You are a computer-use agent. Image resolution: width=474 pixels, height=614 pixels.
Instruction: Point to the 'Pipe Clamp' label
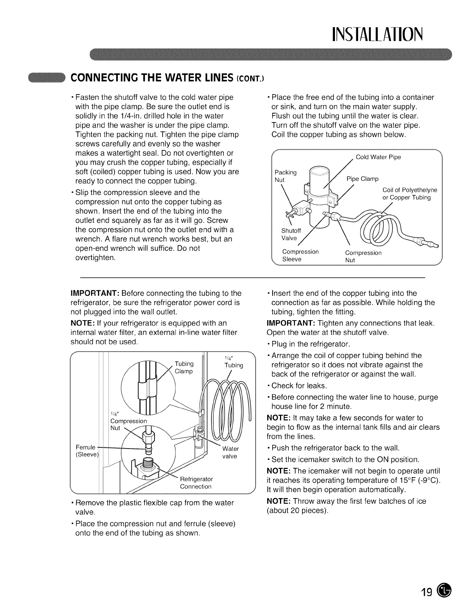(362, 179)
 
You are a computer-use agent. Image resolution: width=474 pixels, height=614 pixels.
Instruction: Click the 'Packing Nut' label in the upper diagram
(285, 176)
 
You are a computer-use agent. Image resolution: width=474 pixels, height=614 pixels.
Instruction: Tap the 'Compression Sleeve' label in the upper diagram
(300, 255)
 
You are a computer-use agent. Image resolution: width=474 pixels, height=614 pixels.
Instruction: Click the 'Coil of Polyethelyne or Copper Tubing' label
(409, 194)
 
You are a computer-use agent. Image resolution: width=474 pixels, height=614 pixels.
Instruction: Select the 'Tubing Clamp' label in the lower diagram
(184, 367)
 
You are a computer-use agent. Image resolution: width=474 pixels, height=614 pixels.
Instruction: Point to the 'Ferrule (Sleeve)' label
(87, 451)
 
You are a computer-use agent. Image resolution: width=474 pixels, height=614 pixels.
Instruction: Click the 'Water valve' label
(230, 452)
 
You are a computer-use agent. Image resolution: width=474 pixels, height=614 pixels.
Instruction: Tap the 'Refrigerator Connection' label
(196, 483)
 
